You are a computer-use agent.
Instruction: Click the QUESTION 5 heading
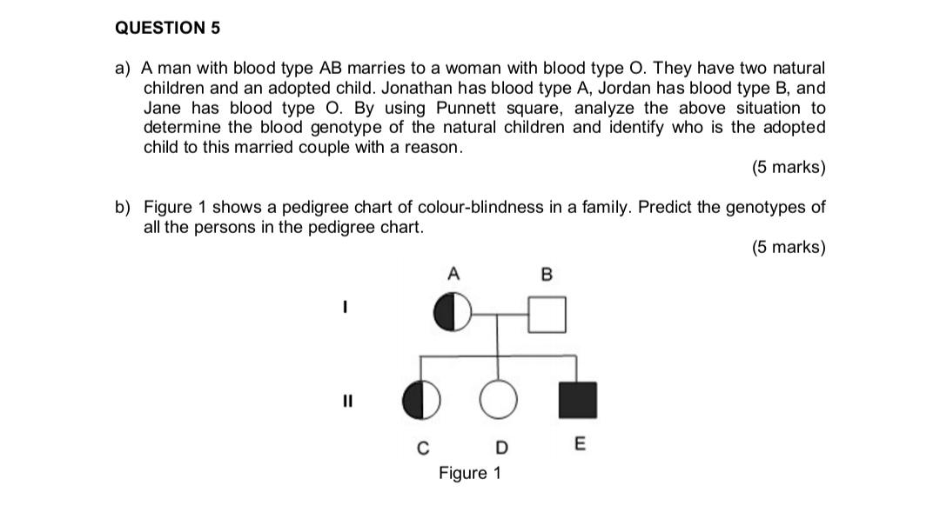[x=168, y=28]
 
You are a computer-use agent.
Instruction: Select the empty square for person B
[x=547, y=315]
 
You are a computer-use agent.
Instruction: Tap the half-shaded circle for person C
[x=421, y=400]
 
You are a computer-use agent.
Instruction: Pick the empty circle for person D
[x=497, y=400]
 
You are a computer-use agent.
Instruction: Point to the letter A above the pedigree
[x=453, y=275]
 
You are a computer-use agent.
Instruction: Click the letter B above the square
[x=547, y=275]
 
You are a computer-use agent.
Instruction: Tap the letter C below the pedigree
[x=422, y=449]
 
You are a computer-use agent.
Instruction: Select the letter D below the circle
[x=500, y=449]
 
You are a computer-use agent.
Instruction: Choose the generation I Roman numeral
[x=346, y=307]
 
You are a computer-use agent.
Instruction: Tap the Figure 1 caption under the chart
[x=470, y=473]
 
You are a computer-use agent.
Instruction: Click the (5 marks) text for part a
[x=789, y=168]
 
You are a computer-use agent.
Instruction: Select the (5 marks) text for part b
[x=789, y=248]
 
